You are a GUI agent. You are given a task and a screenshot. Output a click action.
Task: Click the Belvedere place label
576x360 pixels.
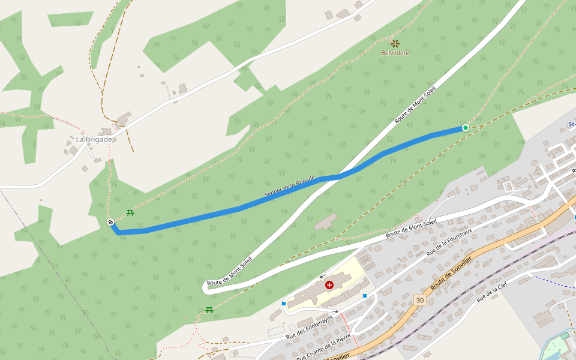(x=395, y=53)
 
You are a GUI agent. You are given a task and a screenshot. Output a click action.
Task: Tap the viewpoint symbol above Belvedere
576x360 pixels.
(x=395, y=43)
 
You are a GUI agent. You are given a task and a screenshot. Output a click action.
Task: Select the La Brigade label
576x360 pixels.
(x=94, y=139)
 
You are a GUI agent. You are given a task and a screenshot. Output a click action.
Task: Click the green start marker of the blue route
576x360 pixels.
(x=466, y=128)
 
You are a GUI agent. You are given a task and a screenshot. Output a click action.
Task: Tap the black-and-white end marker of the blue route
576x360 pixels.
(x=110, y=223)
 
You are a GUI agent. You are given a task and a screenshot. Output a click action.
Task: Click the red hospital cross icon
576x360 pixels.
(x=329, y=285)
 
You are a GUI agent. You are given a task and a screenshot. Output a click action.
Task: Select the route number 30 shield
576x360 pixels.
(x=419, y=299)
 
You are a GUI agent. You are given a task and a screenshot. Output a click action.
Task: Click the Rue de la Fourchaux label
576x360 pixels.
(x=449, y=242)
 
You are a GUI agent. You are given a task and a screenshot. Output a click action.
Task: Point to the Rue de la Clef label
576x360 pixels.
(x=493, y=292)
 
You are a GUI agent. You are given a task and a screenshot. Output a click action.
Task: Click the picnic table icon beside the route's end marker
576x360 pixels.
(x=130, y=212)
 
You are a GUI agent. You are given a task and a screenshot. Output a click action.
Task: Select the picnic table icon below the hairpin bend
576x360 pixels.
(x=209, y=310)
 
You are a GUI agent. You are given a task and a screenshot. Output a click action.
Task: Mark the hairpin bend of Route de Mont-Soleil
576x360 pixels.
(x=205, y=287)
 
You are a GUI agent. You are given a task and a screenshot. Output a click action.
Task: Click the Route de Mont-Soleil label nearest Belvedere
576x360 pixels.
(x=415, y=104)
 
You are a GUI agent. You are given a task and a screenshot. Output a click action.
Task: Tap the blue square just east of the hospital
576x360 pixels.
(x=365, y=295)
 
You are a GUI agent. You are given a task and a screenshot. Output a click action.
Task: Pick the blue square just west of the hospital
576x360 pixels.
(x=283, y=304)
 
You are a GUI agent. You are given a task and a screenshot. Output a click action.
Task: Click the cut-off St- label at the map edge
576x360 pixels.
(x=571, y=125)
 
